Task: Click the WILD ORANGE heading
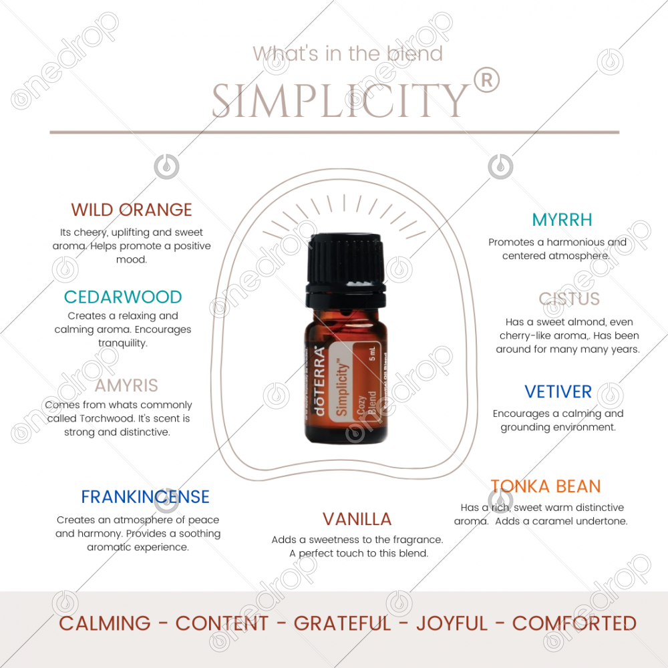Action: point(131,210)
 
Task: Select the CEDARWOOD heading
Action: point(123,297)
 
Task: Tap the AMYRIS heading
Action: point(126,385)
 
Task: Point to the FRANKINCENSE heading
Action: point(145,497)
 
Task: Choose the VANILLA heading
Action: point(357,519)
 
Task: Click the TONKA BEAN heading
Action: point(546,486)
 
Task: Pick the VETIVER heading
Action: point(558,391)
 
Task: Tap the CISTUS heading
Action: point(569,299)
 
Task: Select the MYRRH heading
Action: point(562,220)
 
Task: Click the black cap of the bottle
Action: point(346,269)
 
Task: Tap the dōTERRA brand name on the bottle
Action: point(319,381)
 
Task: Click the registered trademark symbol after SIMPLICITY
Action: point(486,81)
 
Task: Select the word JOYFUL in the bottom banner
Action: point(452,623)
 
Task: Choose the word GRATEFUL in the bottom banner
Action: point(342,623)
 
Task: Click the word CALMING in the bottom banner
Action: point(105,623)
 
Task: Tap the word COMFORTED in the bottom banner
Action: point(574,623)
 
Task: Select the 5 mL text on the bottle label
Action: point(372,353)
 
